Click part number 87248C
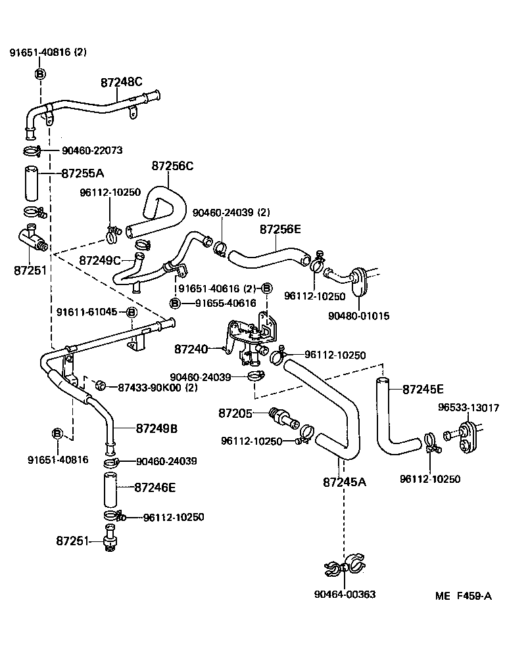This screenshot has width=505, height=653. (122, 82)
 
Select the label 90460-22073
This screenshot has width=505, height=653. (92, 150)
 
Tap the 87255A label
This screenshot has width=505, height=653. (83, 173)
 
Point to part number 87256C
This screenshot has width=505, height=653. (172, 166)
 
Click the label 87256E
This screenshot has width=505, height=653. (280, 229)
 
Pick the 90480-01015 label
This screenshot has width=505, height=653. (358, 316)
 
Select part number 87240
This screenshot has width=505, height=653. (191, 349)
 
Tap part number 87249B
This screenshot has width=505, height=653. (156, 428)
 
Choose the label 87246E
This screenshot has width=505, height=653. (155, 487)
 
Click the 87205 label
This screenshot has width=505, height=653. (235, 413)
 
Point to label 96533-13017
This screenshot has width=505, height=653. (468, 408)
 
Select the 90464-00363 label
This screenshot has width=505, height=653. (345, 594)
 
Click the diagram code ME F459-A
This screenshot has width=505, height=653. (464, 596)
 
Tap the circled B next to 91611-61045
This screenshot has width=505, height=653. (131, 312)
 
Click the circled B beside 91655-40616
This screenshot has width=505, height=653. (175, 304)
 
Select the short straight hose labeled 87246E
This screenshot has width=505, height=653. (110, 490)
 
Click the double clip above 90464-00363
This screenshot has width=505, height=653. (345, 566)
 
